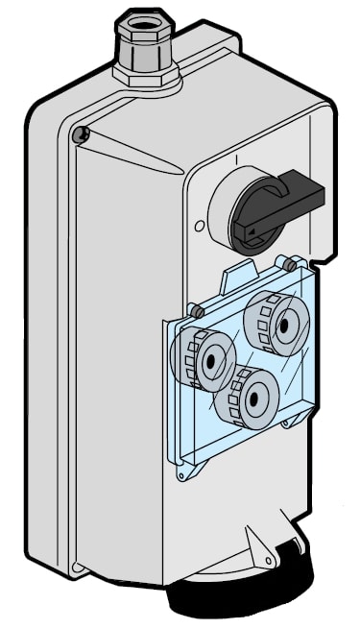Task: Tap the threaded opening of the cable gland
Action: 140,19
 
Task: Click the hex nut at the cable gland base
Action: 146,75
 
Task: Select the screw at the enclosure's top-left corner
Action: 80,134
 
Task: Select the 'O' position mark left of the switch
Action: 199,228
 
